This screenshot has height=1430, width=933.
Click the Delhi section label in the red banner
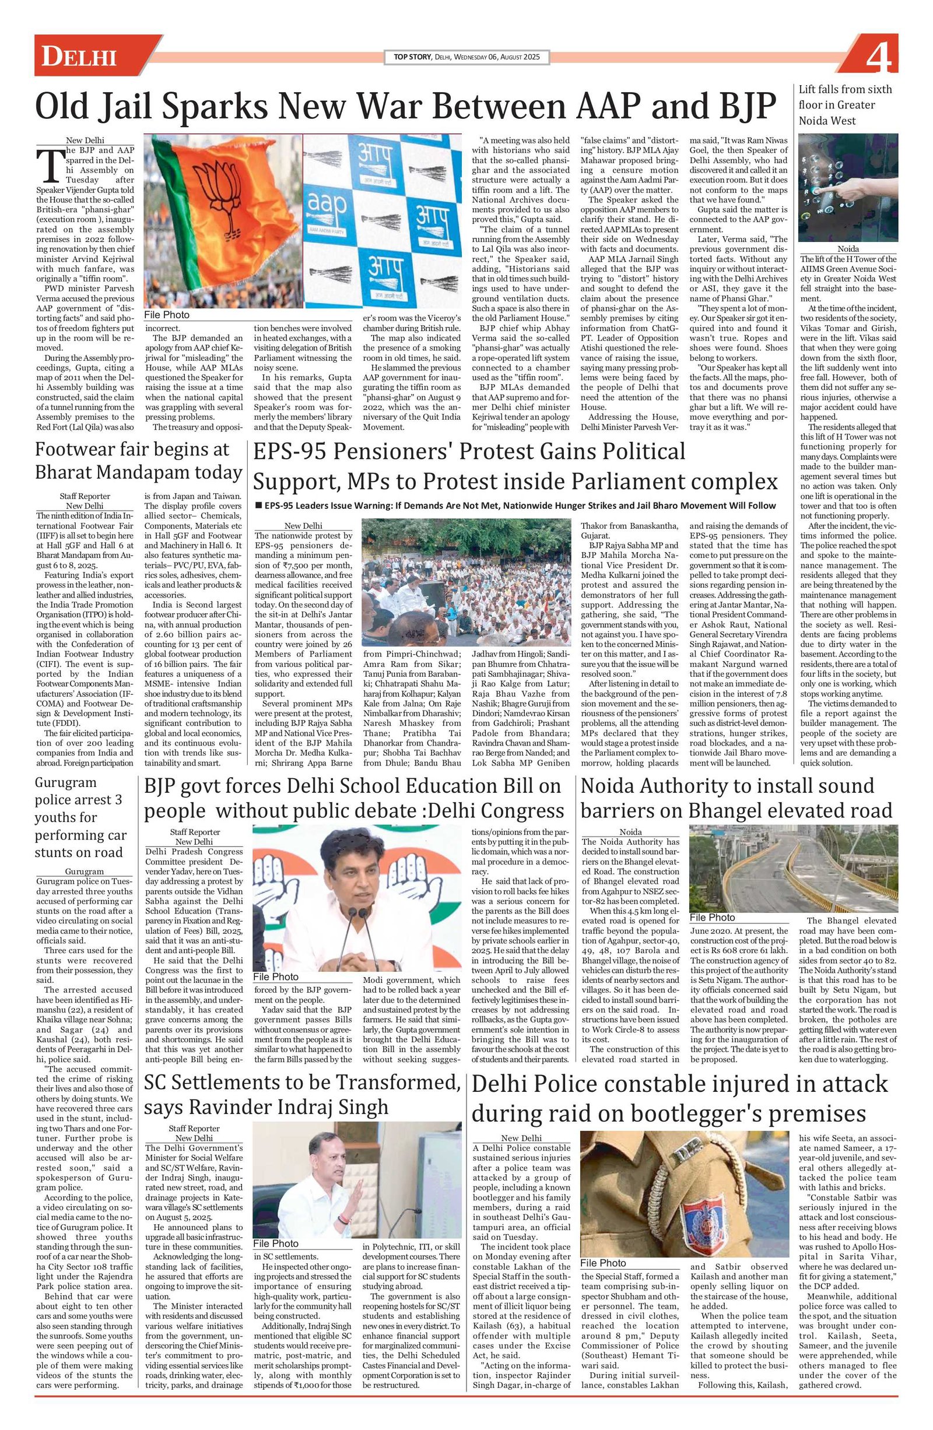(79, 58)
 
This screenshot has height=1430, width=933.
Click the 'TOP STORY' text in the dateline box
(412, 57)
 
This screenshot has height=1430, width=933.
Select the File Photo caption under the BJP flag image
(167, 315)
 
